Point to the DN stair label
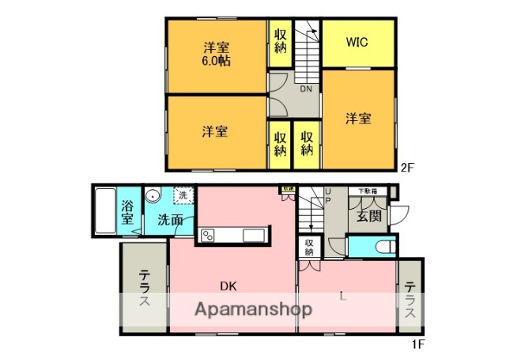pos(306,89)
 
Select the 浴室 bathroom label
pos(128,214)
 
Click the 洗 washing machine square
pos(183,195)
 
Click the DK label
pos(227,286)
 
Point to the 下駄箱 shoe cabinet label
pos(368,191)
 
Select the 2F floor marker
pos(407,168)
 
